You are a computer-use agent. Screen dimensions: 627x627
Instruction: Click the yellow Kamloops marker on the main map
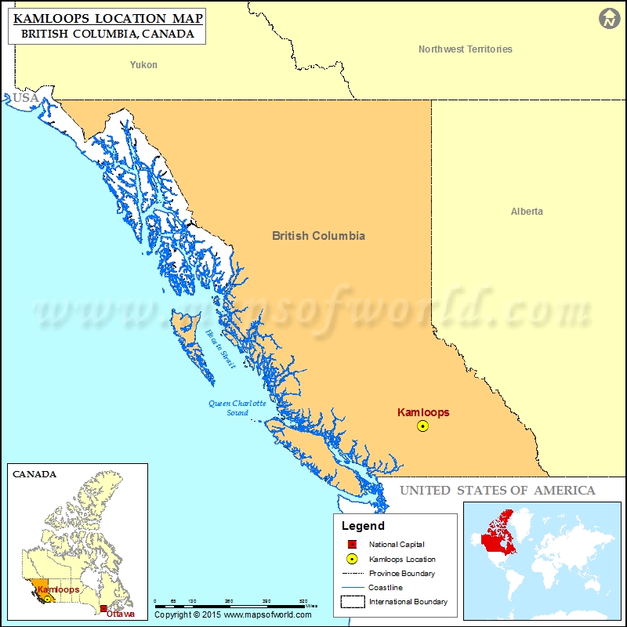coord(423,426)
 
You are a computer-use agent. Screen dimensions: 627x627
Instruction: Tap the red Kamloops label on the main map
coord(423,412)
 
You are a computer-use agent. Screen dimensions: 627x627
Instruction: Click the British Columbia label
coord(318,235)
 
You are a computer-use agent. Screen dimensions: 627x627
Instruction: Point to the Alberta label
coord(527,212)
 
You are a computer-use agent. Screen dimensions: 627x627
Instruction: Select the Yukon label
coord(143,65)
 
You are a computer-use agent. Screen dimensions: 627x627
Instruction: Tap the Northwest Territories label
coord(465,49)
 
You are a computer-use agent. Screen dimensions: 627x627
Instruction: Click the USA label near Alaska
coord(25,98)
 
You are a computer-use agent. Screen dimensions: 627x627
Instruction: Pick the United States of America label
coord(497,491)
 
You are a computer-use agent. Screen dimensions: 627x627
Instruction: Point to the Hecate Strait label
coord(220,348)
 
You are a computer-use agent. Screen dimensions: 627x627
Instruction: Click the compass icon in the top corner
coord(609,19)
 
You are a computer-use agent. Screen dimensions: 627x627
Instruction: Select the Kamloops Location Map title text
coord(108,17)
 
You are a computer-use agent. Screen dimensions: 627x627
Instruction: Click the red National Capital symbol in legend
coord(352,545)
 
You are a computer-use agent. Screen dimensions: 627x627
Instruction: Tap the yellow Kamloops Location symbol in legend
coord(352,559)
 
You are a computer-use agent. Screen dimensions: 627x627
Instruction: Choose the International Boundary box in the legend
coord(352,602)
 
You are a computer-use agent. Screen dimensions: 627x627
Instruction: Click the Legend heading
coord(363,526)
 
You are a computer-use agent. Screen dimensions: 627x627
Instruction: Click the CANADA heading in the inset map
coord(34,474)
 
